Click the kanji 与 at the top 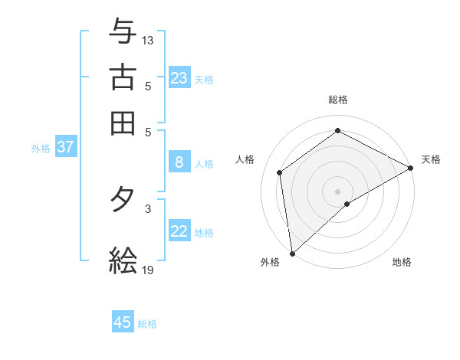tap(123, 32)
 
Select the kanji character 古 tap(123, 77)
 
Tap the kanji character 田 tap(123, 123)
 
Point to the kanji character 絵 tap(123, 260)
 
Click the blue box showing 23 tap(179, 78)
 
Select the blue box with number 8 tap(179, 162)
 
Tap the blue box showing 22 tap(179, 231)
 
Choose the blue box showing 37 tap(65, 147)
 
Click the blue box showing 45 tap(123, 322)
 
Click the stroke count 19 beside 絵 tap(148, 270)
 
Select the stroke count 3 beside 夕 tap(148, 208)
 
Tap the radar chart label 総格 tap(338, 100)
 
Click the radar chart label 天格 tap(431, 159)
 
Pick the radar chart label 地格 tap(402, 263)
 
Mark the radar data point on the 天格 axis tap(411, 168)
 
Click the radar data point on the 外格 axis tap(292, 254)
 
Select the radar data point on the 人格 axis tap(280, 172)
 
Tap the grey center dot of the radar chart tap(338, 191)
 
